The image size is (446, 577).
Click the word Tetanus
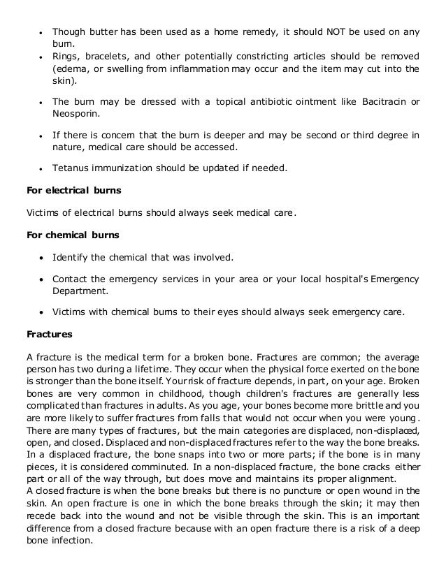click(x=71, y=168)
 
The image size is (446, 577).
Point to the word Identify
click(x=73, y=257)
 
